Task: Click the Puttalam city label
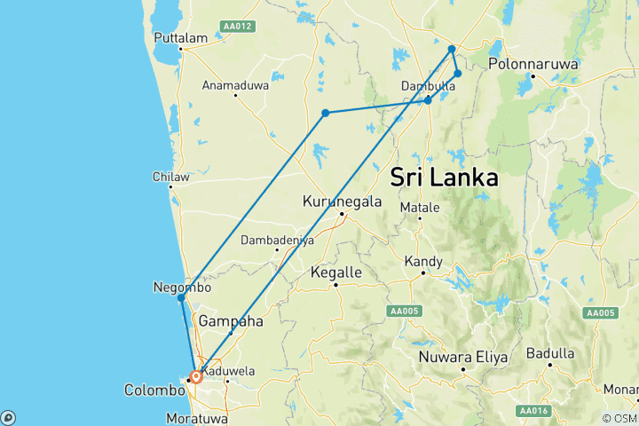180,38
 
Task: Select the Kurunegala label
342,201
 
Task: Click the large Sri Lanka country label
444,177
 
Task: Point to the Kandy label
422,262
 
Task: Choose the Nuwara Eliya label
464,357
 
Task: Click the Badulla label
550,352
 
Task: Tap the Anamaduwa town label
234,86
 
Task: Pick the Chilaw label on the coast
171,177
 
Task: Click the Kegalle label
336,272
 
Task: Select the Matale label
420,207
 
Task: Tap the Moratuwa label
197,417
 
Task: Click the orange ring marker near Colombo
196,376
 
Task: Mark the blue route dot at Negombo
181,298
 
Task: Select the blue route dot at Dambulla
428,100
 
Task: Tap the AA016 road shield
532,411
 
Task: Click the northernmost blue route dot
452,49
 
